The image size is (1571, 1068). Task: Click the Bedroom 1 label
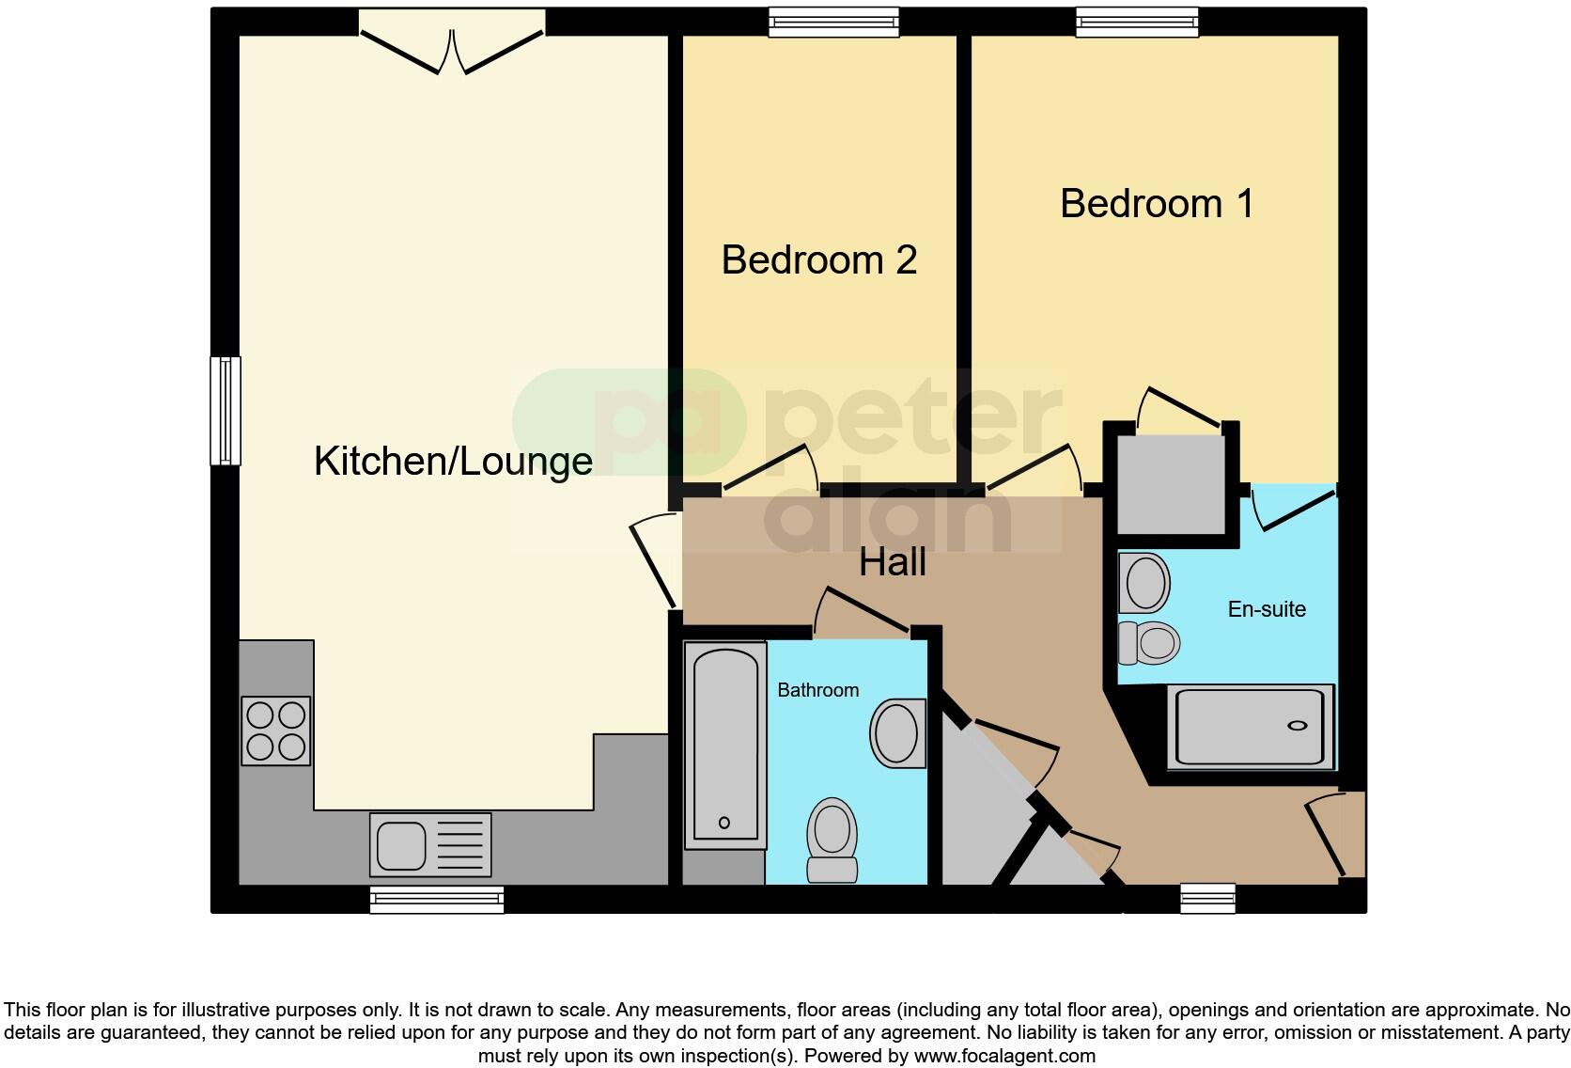[x=1157, y=204]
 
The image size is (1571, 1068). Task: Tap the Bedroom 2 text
[x=818, y=260]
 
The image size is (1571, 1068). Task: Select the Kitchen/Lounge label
[x=453, y=462]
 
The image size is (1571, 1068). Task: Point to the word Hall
[x=893, y=562]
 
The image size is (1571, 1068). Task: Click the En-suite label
[x=1267, y=609]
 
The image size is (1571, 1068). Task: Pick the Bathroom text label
[x=817, y=690]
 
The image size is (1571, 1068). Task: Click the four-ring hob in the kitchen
[x=276, y=730]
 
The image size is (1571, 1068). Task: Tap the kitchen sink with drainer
[x=430, y=843]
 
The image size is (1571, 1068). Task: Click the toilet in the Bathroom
[x=832, y=840]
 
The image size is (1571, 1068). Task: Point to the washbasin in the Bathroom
[x=898, y=733]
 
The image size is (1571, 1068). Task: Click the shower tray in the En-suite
[x=1251, y=727]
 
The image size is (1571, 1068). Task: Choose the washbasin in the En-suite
[x=1143, y=583]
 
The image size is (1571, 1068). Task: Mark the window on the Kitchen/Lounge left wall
[x=226, y=411]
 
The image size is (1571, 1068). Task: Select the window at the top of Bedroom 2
[x=833, y=22]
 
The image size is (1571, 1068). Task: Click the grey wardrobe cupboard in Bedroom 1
[x=1171, y=484]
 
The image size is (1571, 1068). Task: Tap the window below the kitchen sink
[x=437, y=900]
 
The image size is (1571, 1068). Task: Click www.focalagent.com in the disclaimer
[x=1004, y=1056]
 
